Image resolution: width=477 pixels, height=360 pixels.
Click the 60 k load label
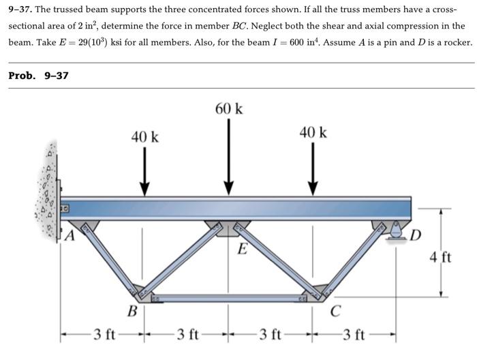[x=229, y=109]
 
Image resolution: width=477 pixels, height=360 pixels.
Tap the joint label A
[x=69, y=237]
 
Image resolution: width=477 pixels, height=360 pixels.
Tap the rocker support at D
[x=396, y=232]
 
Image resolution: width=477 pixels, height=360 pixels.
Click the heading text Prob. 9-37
[x=38, y=75]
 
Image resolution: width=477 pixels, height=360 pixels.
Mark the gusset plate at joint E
[x=229, y=227]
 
